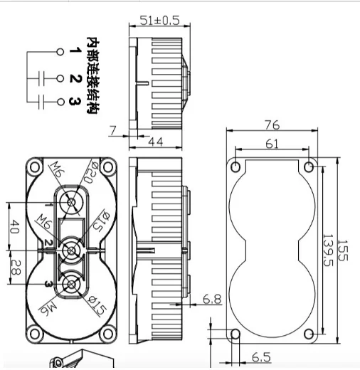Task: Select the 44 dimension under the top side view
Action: (x=156, y=142)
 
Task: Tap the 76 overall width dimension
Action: (x=271, y=125)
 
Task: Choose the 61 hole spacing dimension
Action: (x=271, y=144)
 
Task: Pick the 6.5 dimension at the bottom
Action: (x=261, y=356)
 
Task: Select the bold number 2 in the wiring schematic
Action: (x=74, y=78)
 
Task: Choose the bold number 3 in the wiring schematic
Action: (x=74, y=102)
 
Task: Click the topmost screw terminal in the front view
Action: (x=72, y=205)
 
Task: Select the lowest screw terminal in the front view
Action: (x=71, y=285)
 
